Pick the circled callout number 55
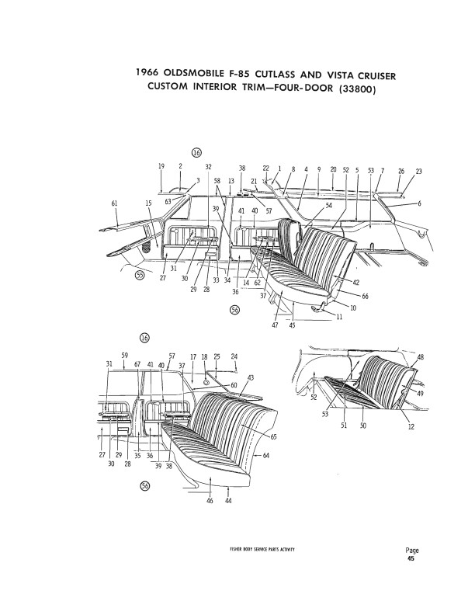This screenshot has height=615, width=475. click(140, 275)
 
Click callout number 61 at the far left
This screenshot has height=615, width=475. click(114, 203)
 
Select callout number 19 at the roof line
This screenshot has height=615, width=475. click(161, 166)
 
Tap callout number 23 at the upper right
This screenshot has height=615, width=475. click(418, 170)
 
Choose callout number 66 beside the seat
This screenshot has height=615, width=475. click(365, 296)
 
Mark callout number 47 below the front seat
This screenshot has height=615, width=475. click(274, 325)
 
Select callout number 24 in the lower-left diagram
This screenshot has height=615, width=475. click(235, 356)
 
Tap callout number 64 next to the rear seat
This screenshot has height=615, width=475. click(265, 455)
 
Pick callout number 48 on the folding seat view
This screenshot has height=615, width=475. click(421, 357)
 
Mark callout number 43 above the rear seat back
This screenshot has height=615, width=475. click(251, 377)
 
